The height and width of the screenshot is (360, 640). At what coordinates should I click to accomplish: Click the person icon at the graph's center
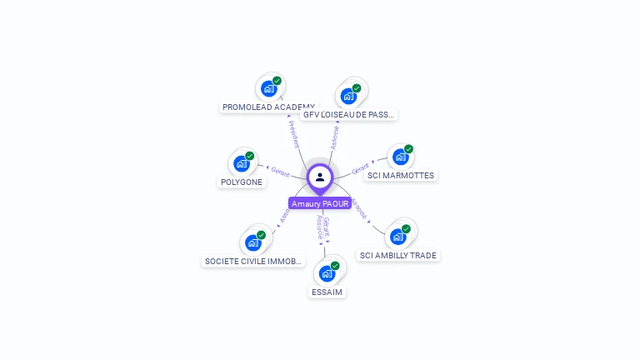pos(320,177)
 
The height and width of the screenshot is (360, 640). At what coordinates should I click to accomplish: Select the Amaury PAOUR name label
pos(320,203)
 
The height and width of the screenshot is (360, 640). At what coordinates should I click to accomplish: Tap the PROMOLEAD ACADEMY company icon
pos(268,88)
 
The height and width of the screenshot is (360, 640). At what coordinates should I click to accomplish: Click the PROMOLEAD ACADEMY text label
pos(268,107)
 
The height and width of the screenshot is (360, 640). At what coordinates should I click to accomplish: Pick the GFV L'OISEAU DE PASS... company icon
pos(348,95)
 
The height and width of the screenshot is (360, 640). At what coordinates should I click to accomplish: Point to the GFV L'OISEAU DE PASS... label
pos(349,114)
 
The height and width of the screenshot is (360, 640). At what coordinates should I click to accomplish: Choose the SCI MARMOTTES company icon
pos(401,157)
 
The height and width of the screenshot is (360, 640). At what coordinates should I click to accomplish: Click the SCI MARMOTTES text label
pos(401,176)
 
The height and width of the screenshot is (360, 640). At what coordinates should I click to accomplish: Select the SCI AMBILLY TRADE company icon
pos(398,237)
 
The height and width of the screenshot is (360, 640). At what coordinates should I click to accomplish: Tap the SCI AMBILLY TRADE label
pos(398,256)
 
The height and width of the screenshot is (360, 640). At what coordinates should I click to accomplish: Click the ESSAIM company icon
pos(327,273)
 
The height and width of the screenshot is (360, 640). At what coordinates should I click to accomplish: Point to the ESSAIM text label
pos(327,292)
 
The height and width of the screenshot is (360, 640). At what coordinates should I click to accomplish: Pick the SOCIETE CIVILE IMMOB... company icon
pos(253,242)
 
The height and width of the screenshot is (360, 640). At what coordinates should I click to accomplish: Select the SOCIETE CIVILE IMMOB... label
pos(253,262)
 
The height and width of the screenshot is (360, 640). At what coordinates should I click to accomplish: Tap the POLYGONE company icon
pos(242,163)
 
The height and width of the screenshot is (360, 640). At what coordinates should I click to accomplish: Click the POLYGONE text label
pos(242,182)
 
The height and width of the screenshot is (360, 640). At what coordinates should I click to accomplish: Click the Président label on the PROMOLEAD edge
pos(293,134)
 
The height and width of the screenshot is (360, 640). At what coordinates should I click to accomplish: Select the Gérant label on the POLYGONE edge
pos(280,171)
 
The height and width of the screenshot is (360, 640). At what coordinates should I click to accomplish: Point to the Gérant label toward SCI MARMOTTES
pos(360,167)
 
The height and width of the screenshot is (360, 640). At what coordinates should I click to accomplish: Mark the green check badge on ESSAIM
pos(335,266)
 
